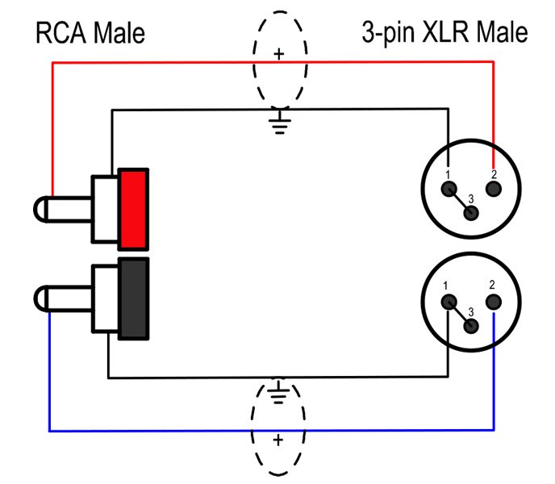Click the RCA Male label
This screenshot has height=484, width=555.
click(90, 33)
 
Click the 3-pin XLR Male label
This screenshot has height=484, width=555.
click(444, 33)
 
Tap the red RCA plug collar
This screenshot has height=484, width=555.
click(133, 208)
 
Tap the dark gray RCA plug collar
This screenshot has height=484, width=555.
click(133, 298)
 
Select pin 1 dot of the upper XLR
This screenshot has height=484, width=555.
click(448, 190)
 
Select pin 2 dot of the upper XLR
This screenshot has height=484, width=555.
click(494, 190)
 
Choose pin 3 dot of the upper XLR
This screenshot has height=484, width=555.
click(473, 213)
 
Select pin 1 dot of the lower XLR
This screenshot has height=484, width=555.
click(448, 302)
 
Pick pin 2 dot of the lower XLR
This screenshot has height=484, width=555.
click(494, 302)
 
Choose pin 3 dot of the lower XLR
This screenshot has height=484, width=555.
click(473, 324)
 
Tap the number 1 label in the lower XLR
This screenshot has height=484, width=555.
click(446, 286)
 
